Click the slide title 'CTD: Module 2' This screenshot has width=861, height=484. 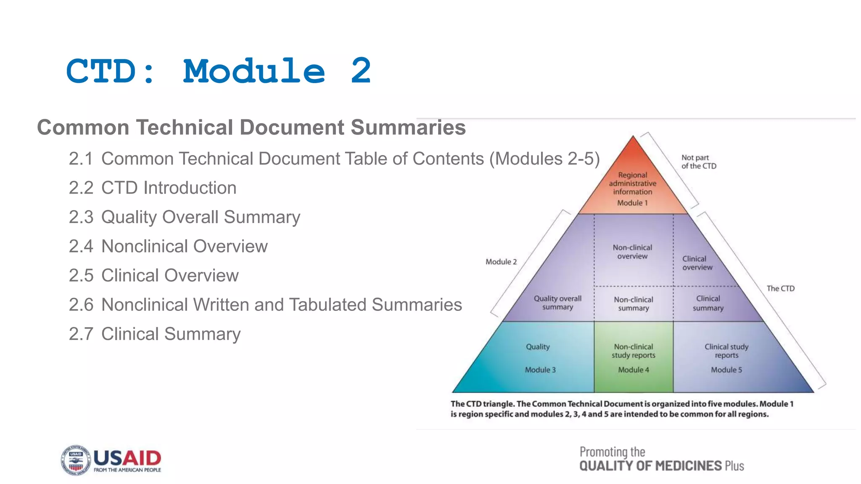[x=219, y=71]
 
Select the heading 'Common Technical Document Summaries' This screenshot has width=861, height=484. [x=251, y=127]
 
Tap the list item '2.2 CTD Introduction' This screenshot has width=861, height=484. [x=153, y=188]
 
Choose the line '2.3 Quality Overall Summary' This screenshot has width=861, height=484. [x=185, y=217]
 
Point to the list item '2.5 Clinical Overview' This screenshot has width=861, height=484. [x=154, y=276]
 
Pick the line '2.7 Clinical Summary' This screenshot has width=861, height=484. [x=155, y=334]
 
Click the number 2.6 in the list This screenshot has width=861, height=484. [x=81, y=305]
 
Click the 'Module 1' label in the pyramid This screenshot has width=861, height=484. [x=632, y=203]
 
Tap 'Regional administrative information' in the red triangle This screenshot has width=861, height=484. [x=632, y=184]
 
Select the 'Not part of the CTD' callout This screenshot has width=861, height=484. [x=699, y=162]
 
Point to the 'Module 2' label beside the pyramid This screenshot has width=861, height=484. [x=501, y=262]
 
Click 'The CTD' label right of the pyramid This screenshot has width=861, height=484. [x=780, y=289]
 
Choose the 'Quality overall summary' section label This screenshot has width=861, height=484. [x=557, y=302]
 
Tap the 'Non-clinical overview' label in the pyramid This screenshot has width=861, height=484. [x=632, y=252]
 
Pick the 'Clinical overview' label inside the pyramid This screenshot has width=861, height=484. [x=697, y=263]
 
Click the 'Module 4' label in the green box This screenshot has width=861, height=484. [x=634, y=370]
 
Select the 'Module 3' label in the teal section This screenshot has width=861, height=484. [x=540, y=370]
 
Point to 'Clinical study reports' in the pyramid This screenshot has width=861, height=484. [x=726, y=351]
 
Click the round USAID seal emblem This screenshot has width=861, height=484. [x=76, y=460]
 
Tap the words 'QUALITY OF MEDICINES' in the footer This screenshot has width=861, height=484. [x=650, y=466]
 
